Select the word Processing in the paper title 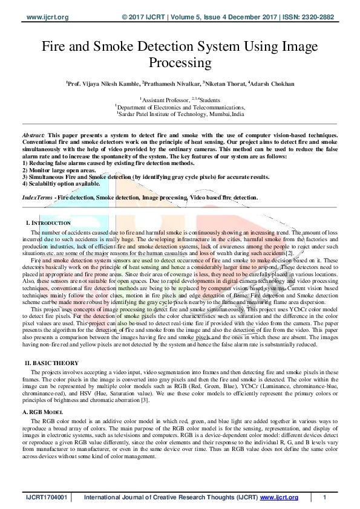tap(180, 62)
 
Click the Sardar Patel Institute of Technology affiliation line tap(181, 113)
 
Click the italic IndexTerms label tap(37, 197)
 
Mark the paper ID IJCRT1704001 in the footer tap(46, 498)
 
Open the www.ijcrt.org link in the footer tap(280, 498)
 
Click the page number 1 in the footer tap(325, 498)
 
